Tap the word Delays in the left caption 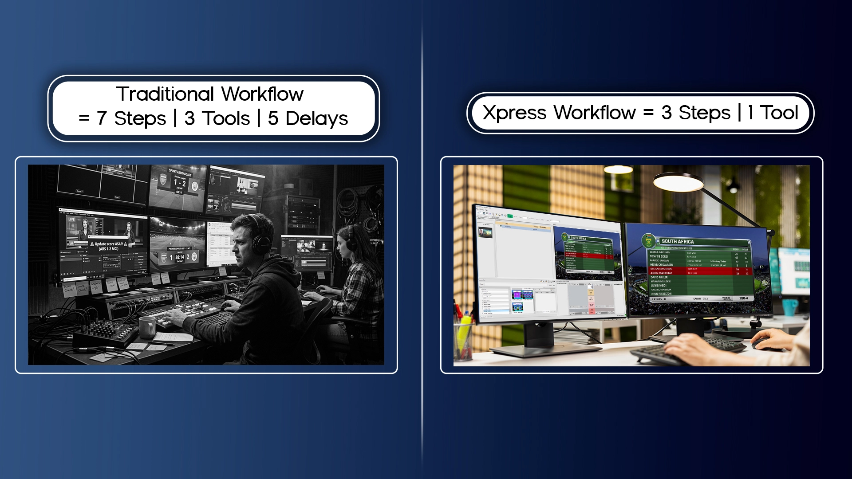(316, 118)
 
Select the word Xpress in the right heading (514, 113)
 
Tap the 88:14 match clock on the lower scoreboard (180, 257)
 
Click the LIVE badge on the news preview (71, 220)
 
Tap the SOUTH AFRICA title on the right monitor (678, 242)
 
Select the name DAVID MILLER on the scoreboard (659, 277)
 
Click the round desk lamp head (678, 182)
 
